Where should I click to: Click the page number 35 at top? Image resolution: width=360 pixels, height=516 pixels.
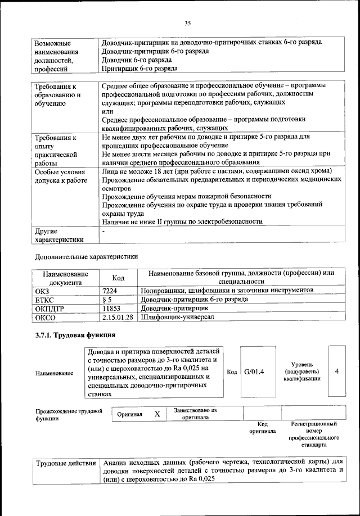[188, 23]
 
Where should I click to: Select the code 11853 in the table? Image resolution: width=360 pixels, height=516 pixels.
[112, 309]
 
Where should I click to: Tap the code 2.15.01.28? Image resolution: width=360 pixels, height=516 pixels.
[118, 318]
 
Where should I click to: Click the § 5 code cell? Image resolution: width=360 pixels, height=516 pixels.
[107, 300]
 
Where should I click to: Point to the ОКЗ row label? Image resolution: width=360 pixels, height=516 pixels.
[42, 291]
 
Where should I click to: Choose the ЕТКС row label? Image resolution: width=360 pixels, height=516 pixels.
[44, 300]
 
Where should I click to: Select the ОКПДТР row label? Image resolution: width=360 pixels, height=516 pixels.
[49, 309]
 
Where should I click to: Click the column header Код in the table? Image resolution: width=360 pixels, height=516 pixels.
[118, 278]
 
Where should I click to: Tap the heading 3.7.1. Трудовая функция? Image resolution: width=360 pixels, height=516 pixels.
[75, 336]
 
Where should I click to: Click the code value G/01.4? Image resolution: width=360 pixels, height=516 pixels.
[254, 372]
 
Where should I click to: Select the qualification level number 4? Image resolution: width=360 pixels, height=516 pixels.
[336, 372]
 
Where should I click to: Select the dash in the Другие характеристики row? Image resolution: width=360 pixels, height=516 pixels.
[103, 230]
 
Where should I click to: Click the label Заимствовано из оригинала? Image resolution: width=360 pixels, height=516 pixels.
[195, 414]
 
